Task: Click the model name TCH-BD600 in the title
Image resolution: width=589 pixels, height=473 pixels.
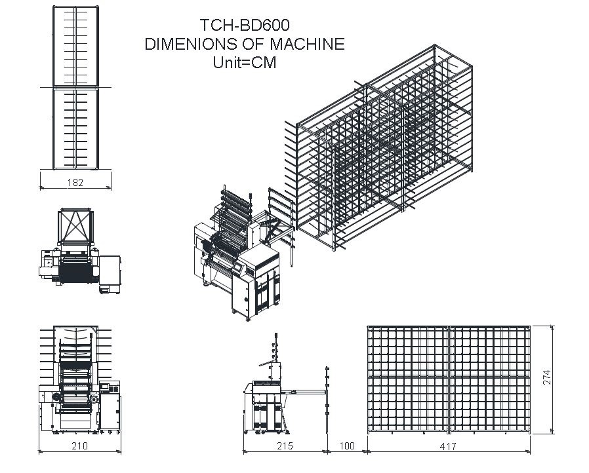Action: (x=245, y=25)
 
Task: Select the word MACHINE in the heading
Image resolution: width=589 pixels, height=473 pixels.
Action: (x=307, y=44)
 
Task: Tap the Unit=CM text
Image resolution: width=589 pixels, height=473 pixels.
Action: (x=245, y=62)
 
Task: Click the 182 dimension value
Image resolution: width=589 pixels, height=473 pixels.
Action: (x=75, y=183)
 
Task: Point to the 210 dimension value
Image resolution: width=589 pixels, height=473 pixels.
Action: (x=79, y=445)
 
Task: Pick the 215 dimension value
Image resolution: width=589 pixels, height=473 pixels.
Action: (x=285, y=446)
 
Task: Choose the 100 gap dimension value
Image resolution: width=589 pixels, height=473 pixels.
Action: (x=347, y=446)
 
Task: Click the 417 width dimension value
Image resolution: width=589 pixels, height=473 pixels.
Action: (x=448, y=446)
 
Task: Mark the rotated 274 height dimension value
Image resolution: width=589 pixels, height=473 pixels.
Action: (x=547, y=377)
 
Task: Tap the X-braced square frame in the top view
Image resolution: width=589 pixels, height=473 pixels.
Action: (x=75, y=226)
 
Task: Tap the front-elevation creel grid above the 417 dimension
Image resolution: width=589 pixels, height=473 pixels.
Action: (x=449, y=379)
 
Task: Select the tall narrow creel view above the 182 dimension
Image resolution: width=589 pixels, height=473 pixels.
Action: (x=76, y=87)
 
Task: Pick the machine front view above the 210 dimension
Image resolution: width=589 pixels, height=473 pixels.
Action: (x=79, y=380)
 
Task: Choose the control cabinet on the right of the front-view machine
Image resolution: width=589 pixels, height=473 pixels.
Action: (x=110, y=407)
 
